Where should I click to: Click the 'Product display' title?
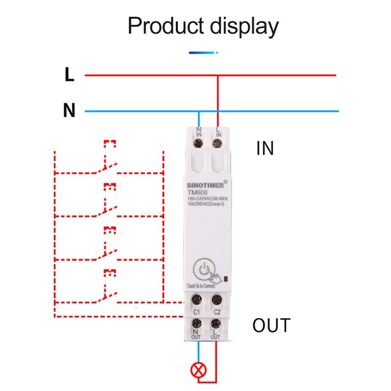tap(203, 26)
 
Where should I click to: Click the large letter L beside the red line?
tap(69, 74)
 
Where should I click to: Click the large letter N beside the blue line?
tap(69, 110)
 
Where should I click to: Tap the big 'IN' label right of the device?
tap(265, 149)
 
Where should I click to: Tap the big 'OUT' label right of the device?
tap(272, 325)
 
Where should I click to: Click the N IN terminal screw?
tap(198, 143)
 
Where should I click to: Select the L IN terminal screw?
tap(217, 143)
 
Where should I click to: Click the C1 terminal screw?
tap(196, 300)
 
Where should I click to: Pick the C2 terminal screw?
tap(217, 300)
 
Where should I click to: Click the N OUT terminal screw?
tap(196, 324)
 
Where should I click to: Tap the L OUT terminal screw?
tap(216, 324)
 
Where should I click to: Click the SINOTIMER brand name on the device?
tap(205, 185)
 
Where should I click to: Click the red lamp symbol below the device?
tap(198, 370)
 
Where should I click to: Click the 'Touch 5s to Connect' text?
tap(201, 286)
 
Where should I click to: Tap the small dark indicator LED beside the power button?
tap(226, 279)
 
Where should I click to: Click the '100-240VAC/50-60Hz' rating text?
tap(208, 199)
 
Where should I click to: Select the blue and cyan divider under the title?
tap(203, 53)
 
